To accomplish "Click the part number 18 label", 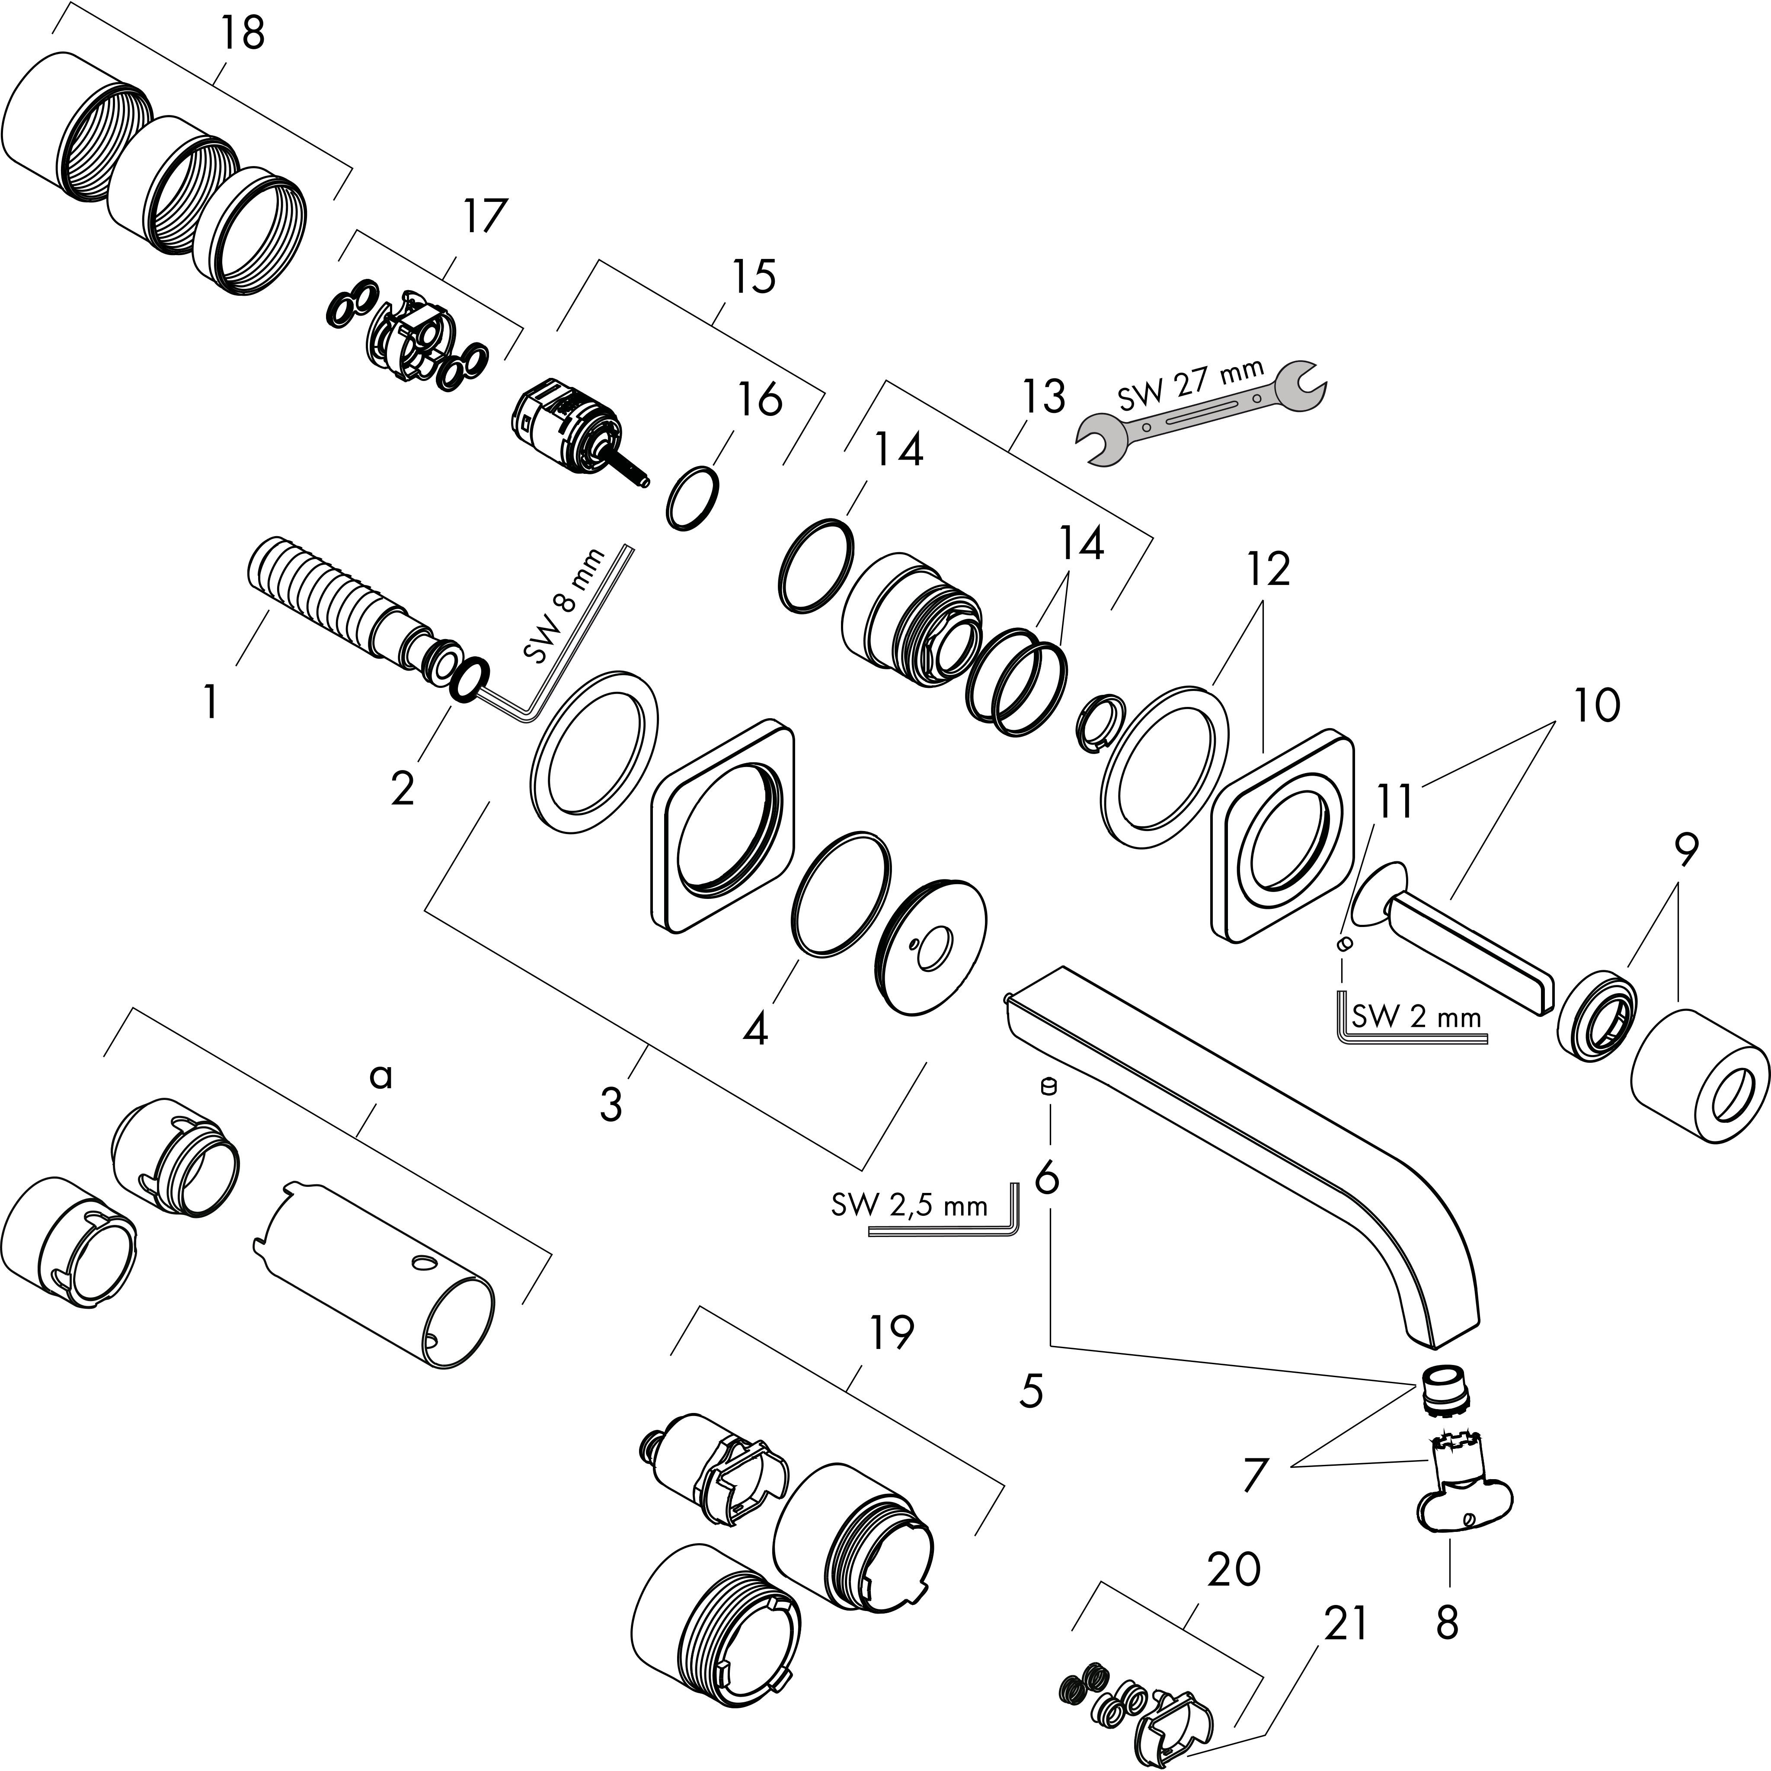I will coord(242,34).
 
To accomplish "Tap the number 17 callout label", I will coord(483,216).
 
